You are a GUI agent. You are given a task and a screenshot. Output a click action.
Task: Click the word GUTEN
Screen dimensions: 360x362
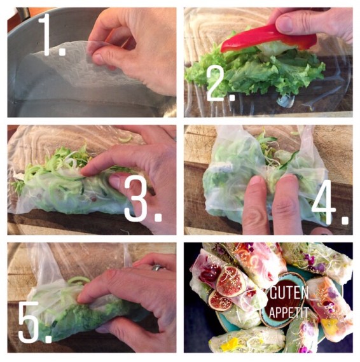pos(289,293)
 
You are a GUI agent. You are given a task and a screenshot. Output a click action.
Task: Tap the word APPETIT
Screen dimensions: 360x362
pos(289,312)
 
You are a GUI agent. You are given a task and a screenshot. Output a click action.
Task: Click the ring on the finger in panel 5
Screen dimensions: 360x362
pos(157,268)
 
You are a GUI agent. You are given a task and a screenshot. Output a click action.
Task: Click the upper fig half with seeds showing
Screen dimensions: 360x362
pos(231,281)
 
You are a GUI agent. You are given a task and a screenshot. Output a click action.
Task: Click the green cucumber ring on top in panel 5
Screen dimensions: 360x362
pos(79,281)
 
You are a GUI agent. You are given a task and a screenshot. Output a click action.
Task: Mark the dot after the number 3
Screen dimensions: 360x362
pos(158,217)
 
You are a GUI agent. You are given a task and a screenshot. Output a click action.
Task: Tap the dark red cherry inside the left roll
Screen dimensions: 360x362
pos(208,274)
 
